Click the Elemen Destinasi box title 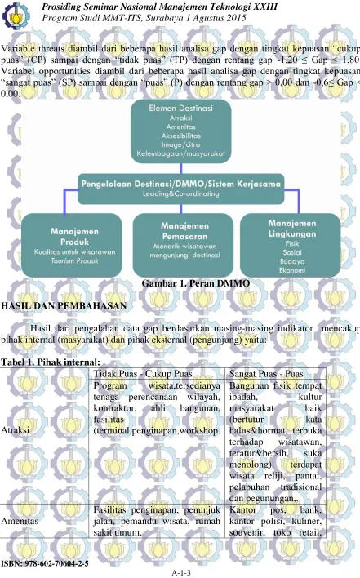click(x=180, y=108)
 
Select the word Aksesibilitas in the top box click(x=181, y=136)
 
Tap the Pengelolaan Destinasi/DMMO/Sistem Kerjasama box click(x=180, y=189)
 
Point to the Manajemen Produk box click(x=72, y=245)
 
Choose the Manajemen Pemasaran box click(x=183, y=245)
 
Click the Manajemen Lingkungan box click(x=291, y=245)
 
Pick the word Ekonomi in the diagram click(x=292, y=270)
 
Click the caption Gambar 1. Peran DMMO click(x=196, y=283)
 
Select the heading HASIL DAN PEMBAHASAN click(x=64, y=305)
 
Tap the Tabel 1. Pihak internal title click(x=51, y=362)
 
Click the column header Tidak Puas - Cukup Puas click(x=143, y=374)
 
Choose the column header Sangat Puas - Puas click(x=266, y=374)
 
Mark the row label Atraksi click(x=16, y=430)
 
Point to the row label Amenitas click(x=20, y=521)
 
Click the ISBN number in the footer click(x=45, y=563)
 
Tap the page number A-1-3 click(x=181, y=572)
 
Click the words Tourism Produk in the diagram click(x=75, y=260)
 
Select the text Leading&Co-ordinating click(x=181, y=194)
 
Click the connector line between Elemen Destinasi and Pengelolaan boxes click(x=180, y=168)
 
